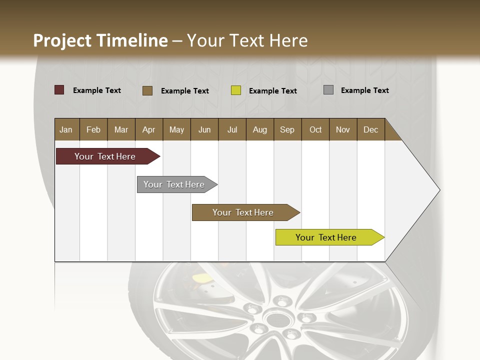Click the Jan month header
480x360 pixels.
(66, 130)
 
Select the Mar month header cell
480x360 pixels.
(121, 130)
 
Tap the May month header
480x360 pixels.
(176, 130)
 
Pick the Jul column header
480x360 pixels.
(232, 130)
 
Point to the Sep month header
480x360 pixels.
(287, 130)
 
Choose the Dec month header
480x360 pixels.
(370, 130)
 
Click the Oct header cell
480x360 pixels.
(315, 130)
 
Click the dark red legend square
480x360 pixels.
(59, 90)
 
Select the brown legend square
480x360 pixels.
(147, 90)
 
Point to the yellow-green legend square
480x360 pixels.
(236, 90)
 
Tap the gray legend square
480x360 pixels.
(328, 90)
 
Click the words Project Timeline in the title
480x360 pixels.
(100, 40)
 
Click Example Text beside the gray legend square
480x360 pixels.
(364, 90)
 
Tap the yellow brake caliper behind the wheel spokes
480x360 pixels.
(201, 277)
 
